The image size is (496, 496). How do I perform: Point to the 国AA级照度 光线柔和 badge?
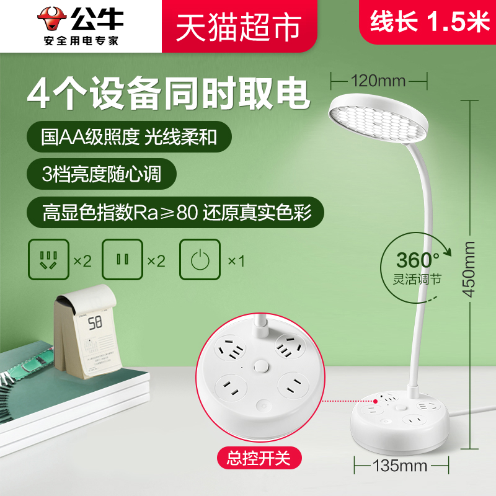[x=130, y=135]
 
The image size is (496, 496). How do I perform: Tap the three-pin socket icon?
[x=48, y=260]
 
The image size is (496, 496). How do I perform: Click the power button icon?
[x=198, y=260]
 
